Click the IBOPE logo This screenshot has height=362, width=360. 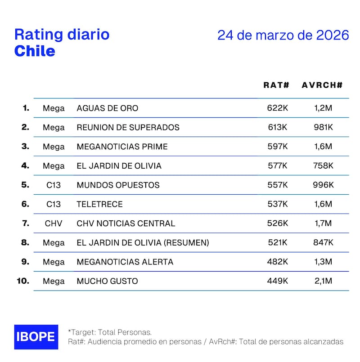36,337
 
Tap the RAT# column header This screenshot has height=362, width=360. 276,85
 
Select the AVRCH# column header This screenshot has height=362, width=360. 322,85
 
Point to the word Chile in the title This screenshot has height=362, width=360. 35,51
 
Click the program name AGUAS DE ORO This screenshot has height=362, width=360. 108,108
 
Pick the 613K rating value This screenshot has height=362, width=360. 278,127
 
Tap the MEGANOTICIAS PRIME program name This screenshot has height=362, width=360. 122,147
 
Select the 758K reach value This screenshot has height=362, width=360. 324,166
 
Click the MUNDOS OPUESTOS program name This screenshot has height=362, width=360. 118,185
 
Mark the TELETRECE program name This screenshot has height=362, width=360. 100,204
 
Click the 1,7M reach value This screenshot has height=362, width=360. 324,223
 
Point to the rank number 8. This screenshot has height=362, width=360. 25,242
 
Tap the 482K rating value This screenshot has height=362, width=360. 278,262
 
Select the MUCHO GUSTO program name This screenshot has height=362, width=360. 108,281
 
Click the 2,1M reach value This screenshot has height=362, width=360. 324,281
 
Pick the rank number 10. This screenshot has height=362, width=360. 23,281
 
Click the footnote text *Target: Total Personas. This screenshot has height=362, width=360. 110,332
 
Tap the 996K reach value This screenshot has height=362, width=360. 324,185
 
